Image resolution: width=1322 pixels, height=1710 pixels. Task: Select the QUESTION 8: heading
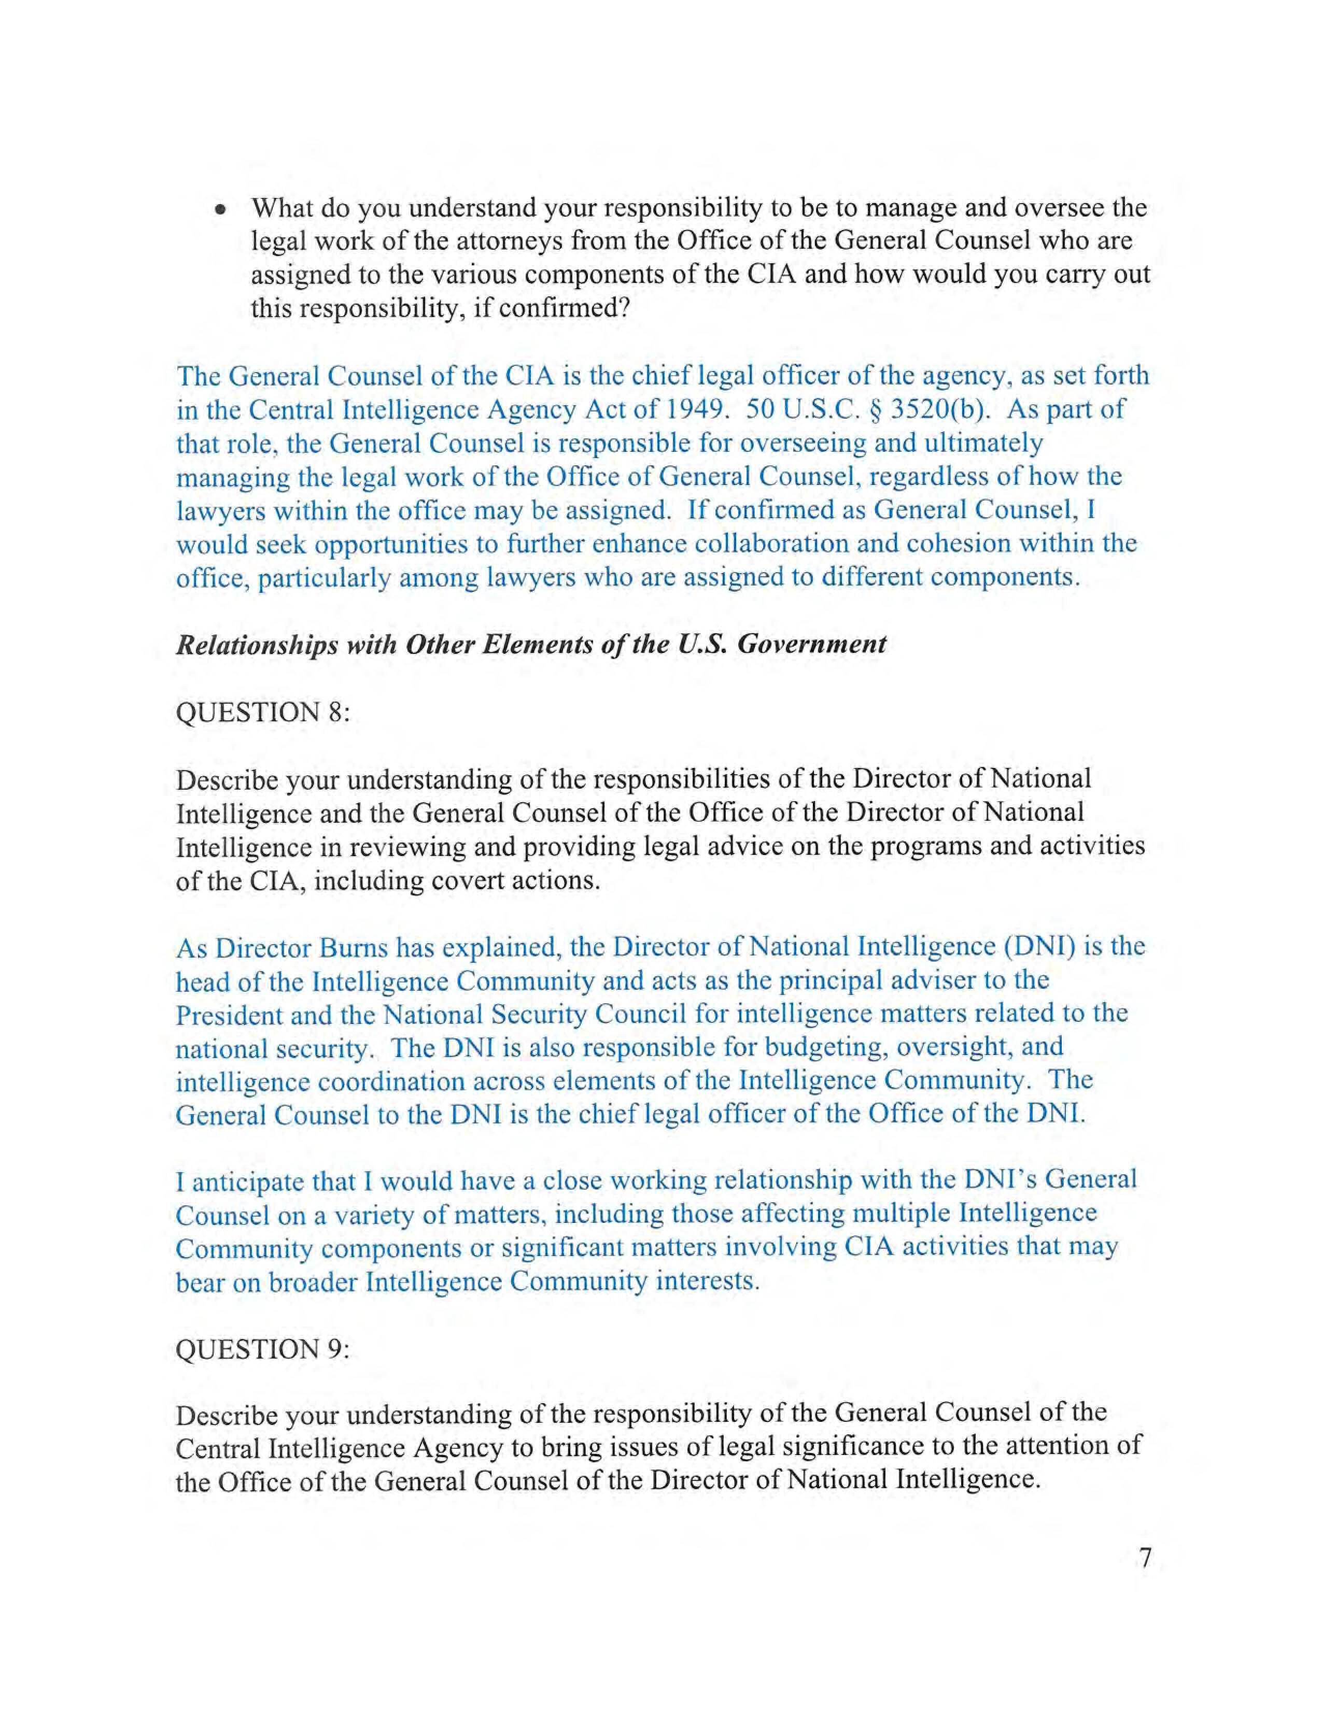click(262, 712)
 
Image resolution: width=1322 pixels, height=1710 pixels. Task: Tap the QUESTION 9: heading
click(262, 1349)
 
